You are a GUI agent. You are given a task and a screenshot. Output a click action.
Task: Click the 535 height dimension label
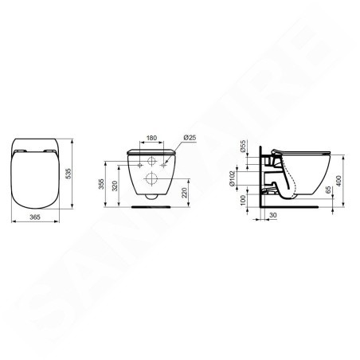[x=68, y=174]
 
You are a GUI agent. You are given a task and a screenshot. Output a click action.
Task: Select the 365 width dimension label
[x=35, y=217]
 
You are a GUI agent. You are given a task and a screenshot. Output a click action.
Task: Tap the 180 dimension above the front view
[x=151, y=138]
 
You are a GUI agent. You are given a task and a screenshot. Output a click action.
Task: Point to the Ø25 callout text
[x=190, y=138]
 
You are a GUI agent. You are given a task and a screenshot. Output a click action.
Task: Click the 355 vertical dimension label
[x=101, y=184]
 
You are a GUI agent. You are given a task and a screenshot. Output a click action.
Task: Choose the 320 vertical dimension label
[x=115, y=186]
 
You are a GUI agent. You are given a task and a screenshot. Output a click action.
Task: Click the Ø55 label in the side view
[x=243, y=146]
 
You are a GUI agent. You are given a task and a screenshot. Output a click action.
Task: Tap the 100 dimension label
[x=243, y=200]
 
